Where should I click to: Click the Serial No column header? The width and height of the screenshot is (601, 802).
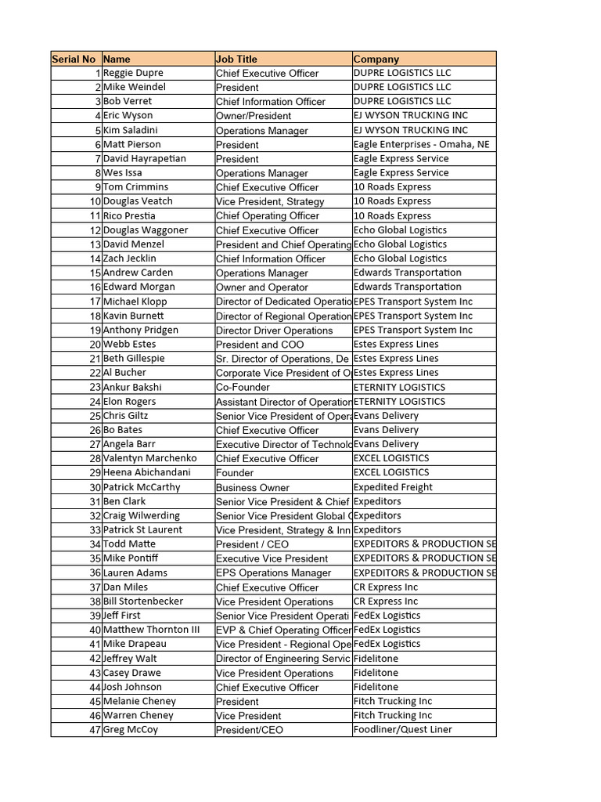(74, 59)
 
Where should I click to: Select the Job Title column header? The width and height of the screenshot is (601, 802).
(236, 59)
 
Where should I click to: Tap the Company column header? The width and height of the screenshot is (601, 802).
(376, 59)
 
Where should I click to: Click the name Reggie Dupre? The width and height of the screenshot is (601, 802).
(133, 73)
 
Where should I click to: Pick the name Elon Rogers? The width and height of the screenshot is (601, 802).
(130, 401)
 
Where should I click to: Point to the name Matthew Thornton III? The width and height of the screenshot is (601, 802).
(152, 630)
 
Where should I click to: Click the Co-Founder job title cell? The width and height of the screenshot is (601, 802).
(243, 387)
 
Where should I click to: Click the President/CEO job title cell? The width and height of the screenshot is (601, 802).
(250, 730)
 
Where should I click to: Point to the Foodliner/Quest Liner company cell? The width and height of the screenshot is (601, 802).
(403, 729)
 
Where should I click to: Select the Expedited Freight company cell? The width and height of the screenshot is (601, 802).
(393, 487)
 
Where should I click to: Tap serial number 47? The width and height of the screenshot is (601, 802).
(95, 730)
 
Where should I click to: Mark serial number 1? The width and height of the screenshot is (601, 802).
(98, 73)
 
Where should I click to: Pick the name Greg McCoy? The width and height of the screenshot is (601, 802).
(131, 730)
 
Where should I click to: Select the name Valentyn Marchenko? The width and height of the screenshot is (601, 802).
(150, 458)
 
